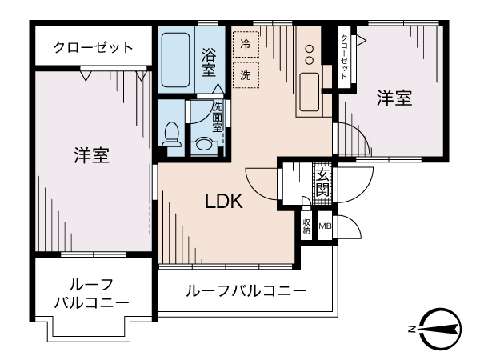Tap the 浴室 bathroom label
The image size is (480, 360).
[209, 62]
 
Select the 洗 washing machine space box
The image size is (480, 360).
[245, 74]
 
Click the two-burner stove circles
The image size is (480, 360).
[309, 54]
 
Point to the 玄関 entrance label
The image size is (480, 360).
[322, 182]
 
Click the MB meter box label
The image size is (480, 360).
[325, 226]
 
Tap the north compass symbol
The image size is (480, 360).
[438, 328]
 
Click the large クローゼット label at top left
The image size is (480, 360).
[94, 47]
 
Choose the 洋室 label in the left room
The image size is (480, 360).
[92, 154]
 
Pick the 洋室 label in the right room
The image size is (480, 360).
[394, 98]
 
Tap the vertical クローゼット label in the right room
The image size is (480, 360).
[344, 57]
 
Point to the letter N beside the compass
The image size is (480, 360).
[411, 329]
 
